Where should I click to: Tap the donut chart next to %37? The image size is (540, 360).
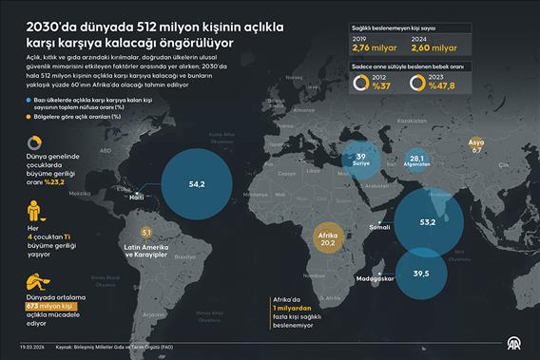(363, 83)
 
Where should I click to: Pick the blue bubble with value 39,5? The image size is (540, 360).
(419, 273)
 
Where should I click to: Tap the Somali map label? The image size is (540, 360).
(378, 227)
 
